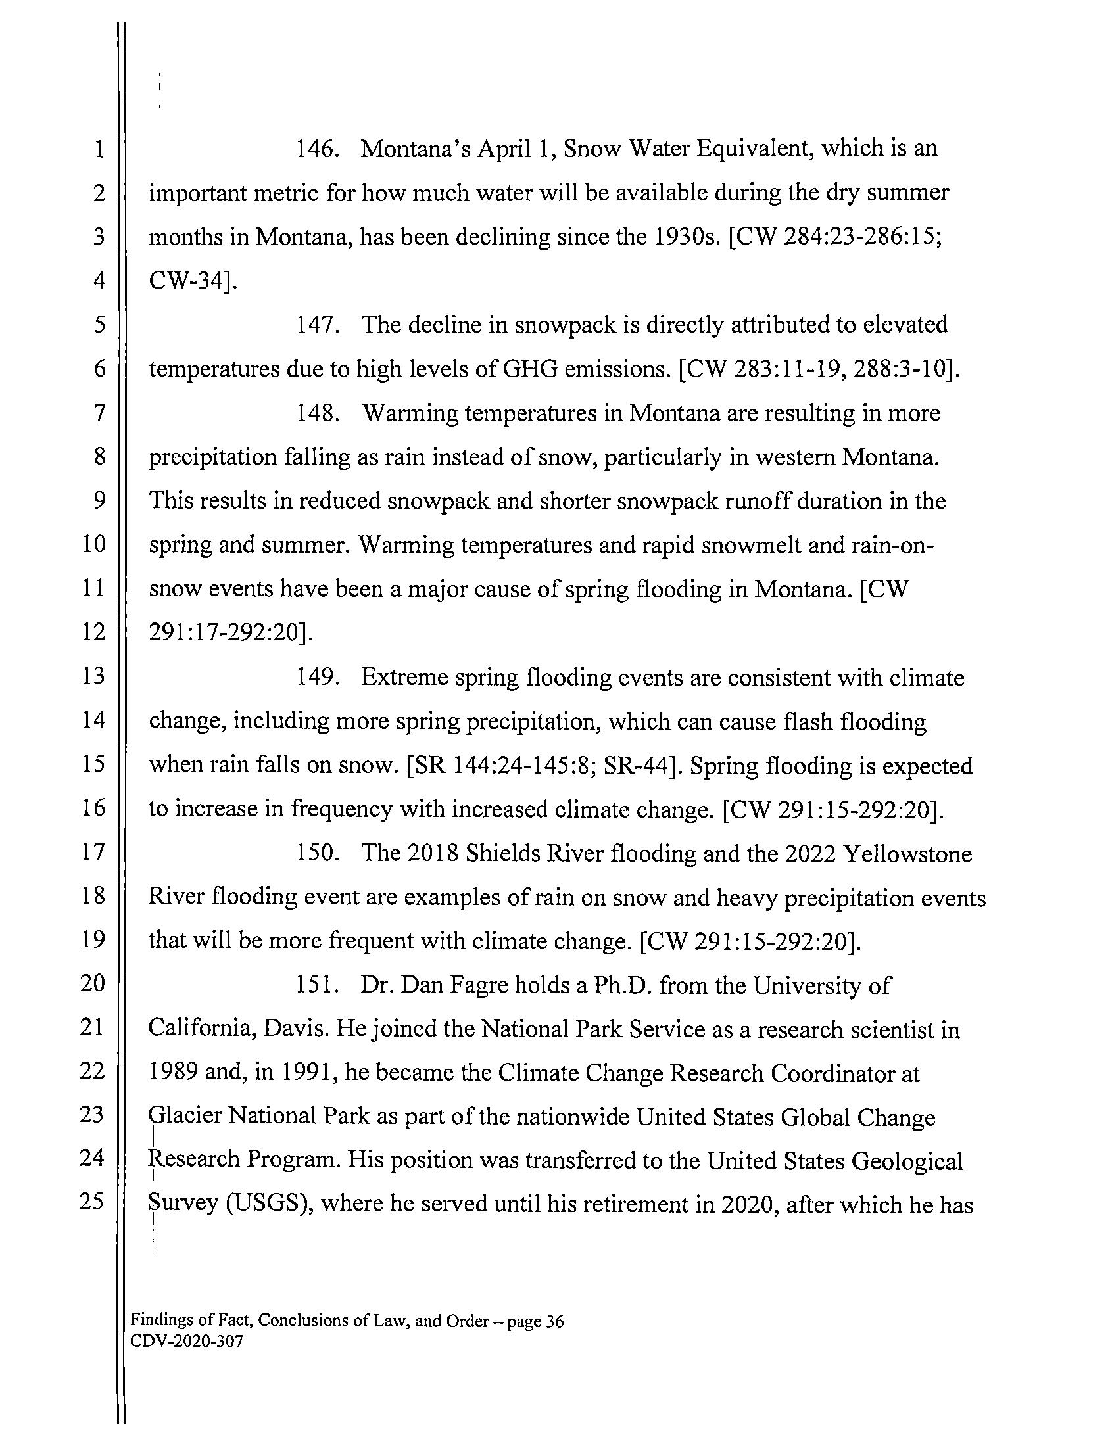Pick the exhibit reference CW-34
tap(189, 281)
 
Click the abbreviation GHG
tap(524, 369)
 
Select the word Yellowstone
tap(907, 854)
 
